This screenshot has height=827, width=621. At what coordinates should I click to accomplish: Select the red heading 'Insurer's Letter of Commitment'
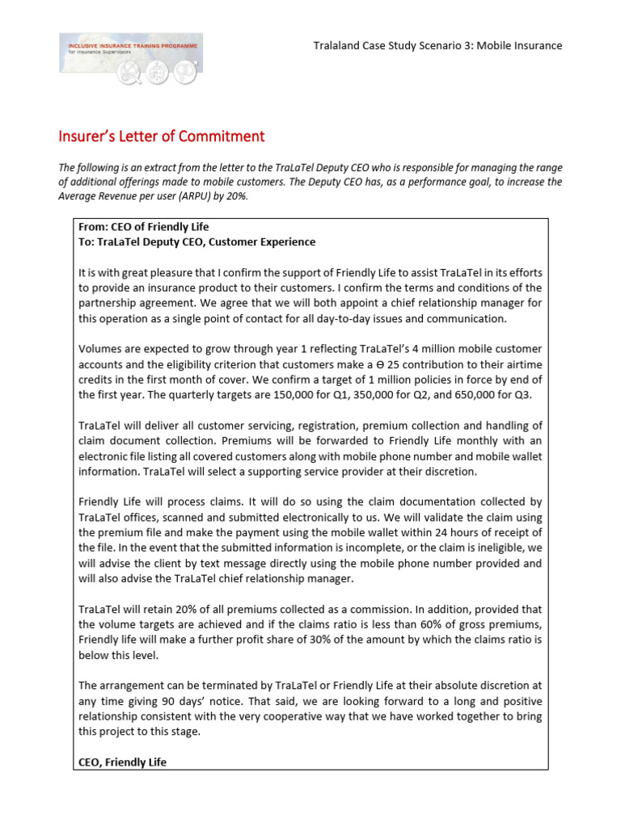click(x=162, y=136)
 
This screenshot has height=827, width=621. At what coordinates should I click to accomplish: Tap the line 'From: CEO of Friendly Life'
click(x=144, y=227)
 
